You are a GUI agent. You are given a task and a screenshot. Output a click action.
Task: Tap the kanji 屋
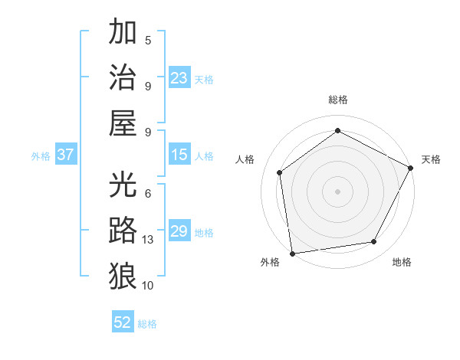pos(123,122)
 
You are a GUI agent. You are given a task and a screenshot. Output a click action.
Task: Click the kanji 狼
pos(123,274)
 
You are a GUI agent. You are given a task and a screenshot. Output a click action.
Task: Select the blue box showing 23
pos(179,78)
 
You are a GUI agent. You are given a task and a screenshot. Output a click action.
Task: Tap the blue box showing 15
pos(179,155)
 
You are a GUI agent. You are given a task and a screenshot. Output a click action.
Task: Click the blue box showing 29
pos(179,231)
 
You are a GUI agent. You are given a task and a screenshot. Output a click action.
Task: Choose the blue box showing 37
pos(65,155)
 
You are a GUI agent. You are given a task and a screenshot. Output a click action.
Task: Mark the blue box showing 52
pos(123,322)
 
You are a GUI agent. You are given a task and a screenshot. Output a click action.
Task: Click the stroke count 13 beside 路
pos(148,240)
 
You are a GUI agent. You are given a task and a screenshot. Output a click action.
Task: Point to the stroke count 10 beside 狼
pos(148,285)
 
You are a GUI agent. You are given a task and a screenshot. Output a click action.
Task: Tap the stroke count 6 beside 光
pos(148,194)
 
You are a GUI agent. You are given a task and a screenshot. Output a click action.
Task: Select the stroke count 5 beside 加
pos(148,40)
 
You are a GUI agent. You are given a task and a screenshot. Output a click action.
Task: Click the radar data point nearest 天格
pos(412,168)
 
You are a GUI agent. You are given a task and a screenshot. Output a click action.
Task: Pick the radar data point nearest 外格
pos(292,253)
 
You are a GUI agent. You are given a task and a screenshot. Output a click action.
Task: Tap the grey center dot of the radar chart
pos(337,191)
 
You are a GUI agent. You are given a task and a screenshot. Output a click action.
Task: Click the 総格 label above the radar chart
pos(337,100)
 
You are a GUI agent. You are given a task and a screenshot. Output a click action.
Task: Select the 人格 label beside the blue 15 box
pos(204,156)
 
